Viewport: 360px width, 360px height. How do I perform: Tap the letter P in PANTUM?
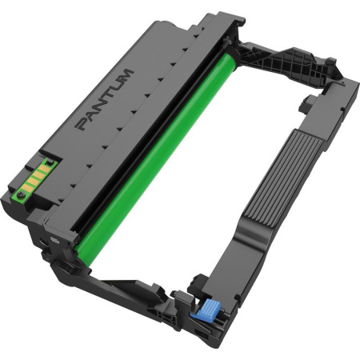click(x=83, y=125)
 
